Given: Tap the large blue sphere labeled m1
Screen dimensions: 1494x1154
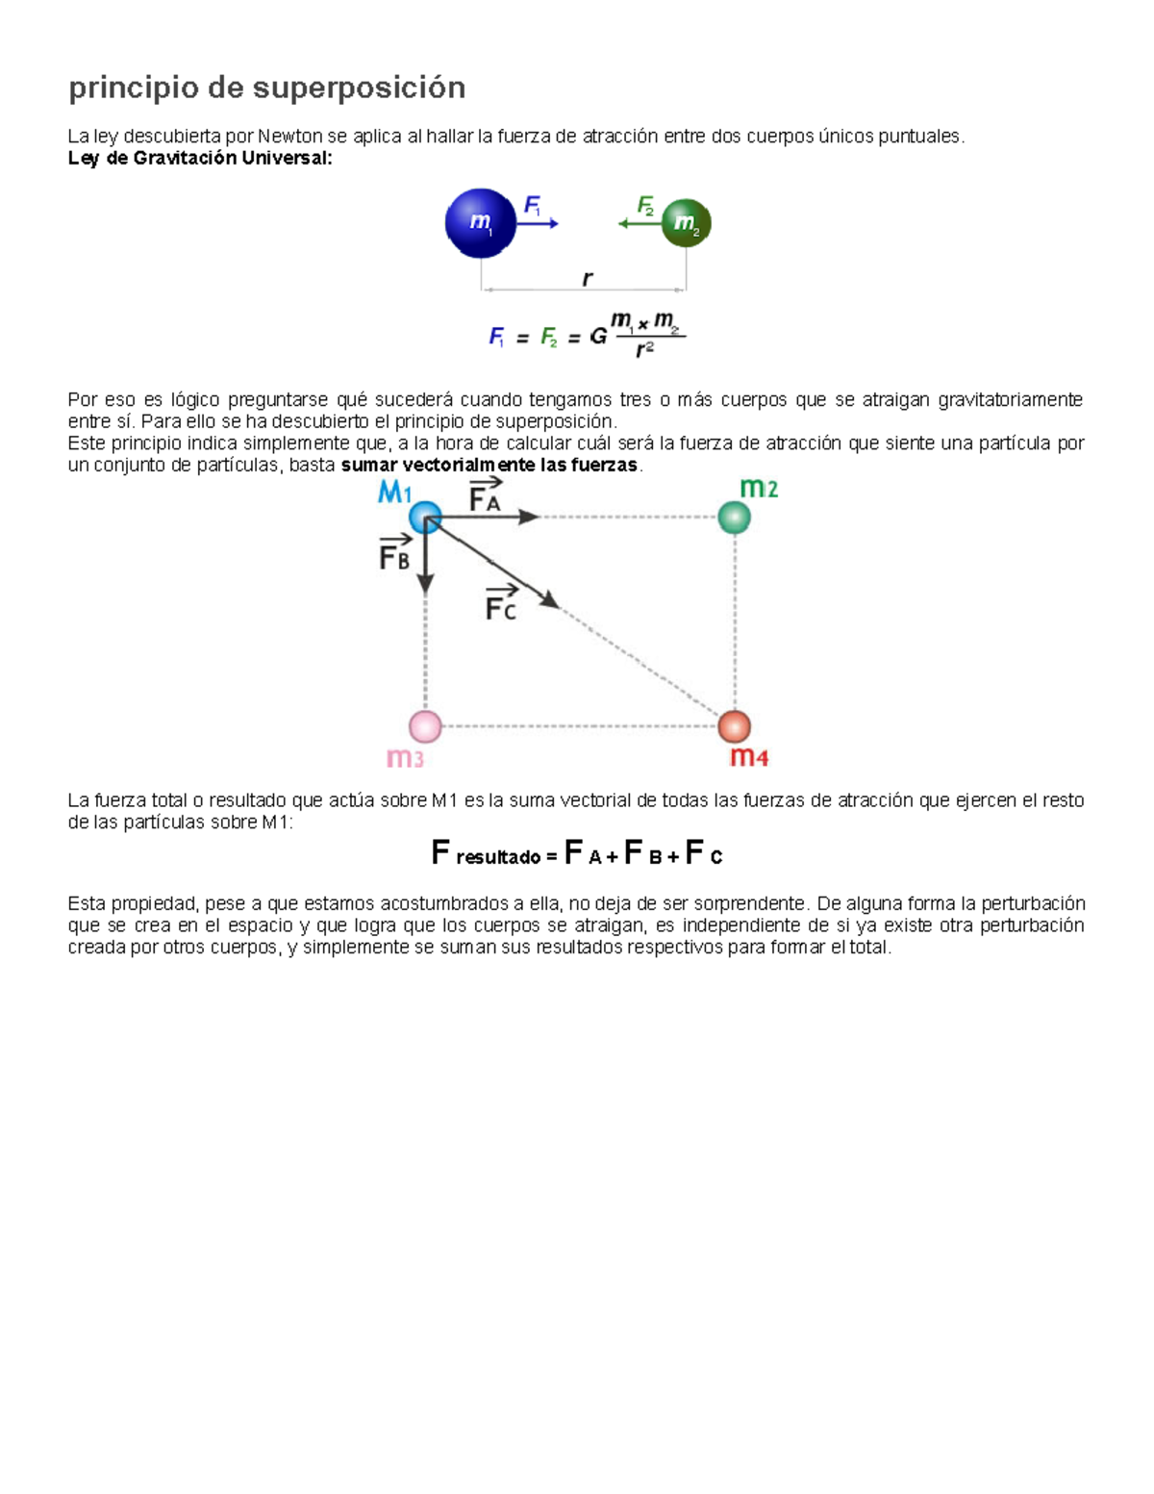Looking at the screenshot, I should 480,223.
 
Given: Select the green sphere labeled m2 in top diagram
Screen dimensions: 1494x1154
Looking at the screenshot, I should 686,223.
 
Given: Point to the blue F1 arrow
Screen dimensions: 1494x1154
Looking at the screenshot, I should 539,224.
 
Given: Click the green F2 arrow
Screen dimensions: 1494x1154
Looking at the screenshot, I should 639,223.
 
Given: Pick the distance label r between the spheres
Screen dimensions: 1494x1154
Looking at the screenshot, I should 587,279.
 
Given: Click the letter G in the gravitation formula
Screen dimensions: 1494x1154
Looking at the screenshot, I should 598,338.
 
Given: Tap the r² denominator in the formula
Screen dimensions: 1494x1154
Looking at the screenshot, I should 644,350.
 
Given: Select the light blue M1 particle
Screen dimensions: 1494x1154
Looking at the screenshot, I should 425,518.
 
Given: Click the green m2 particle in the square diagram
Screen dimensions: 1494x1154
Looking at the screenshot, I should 735,518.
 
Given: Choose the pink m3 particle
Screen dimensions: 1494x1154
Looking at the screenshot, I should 425,726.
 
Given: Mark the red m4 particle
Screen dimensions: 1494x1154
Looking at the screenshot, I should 735,726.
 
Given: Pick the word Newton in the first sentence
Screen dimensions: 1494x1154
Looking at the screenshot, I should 290,137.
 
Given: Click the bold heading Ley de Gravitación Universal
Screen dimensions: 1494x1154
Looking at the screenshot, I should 200,159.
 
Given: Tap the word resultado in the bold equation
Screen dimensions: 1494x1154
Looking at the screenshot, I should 498,857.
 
